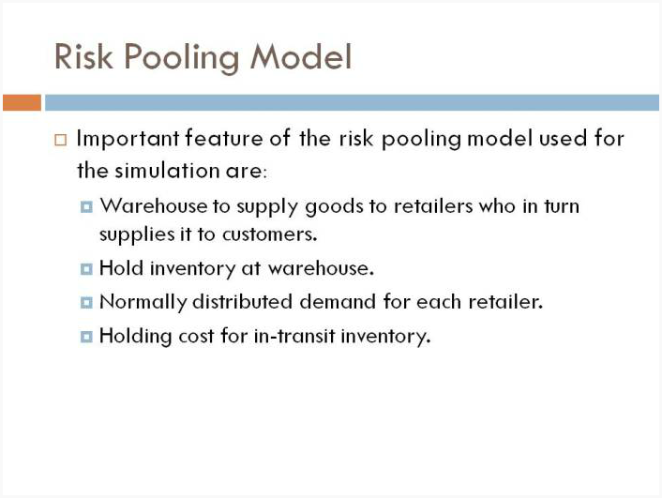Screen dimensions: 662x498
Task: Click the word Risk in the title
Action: point(83,56)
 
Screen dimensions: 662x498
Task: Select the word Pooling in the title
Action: point(182,58)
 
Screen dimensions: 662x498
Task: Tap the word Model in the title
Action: point(301,56)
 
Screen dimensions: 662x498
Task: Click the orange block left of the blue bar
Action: point(22,102)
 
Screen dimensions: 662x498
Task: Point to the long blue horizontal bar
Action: point(353,102)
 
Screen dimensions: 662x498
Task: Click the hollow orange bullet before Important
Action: point(61,140)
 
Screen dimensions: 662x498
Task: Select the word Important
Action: point(128,139)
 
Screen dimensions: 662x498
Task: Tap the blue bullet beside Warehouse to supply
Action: point(86,207)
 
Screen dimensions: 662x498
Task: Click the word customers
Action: point(270,234)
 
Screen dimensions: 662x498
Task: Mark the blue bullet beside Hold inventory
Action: point(86,269)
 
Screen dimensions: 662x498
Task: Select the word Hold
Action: point(122,268)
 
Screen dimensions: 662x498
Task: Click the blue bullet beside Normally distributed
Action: point(86,302)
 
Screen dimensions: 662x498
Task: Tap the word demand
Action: point(338,302)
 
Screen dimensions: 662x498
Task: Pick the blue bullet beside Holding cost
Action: point(86,337)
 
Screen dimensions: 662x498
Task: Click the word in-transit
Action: point(294,336)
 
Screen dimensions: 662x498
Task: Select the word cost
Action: point(196,337)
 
